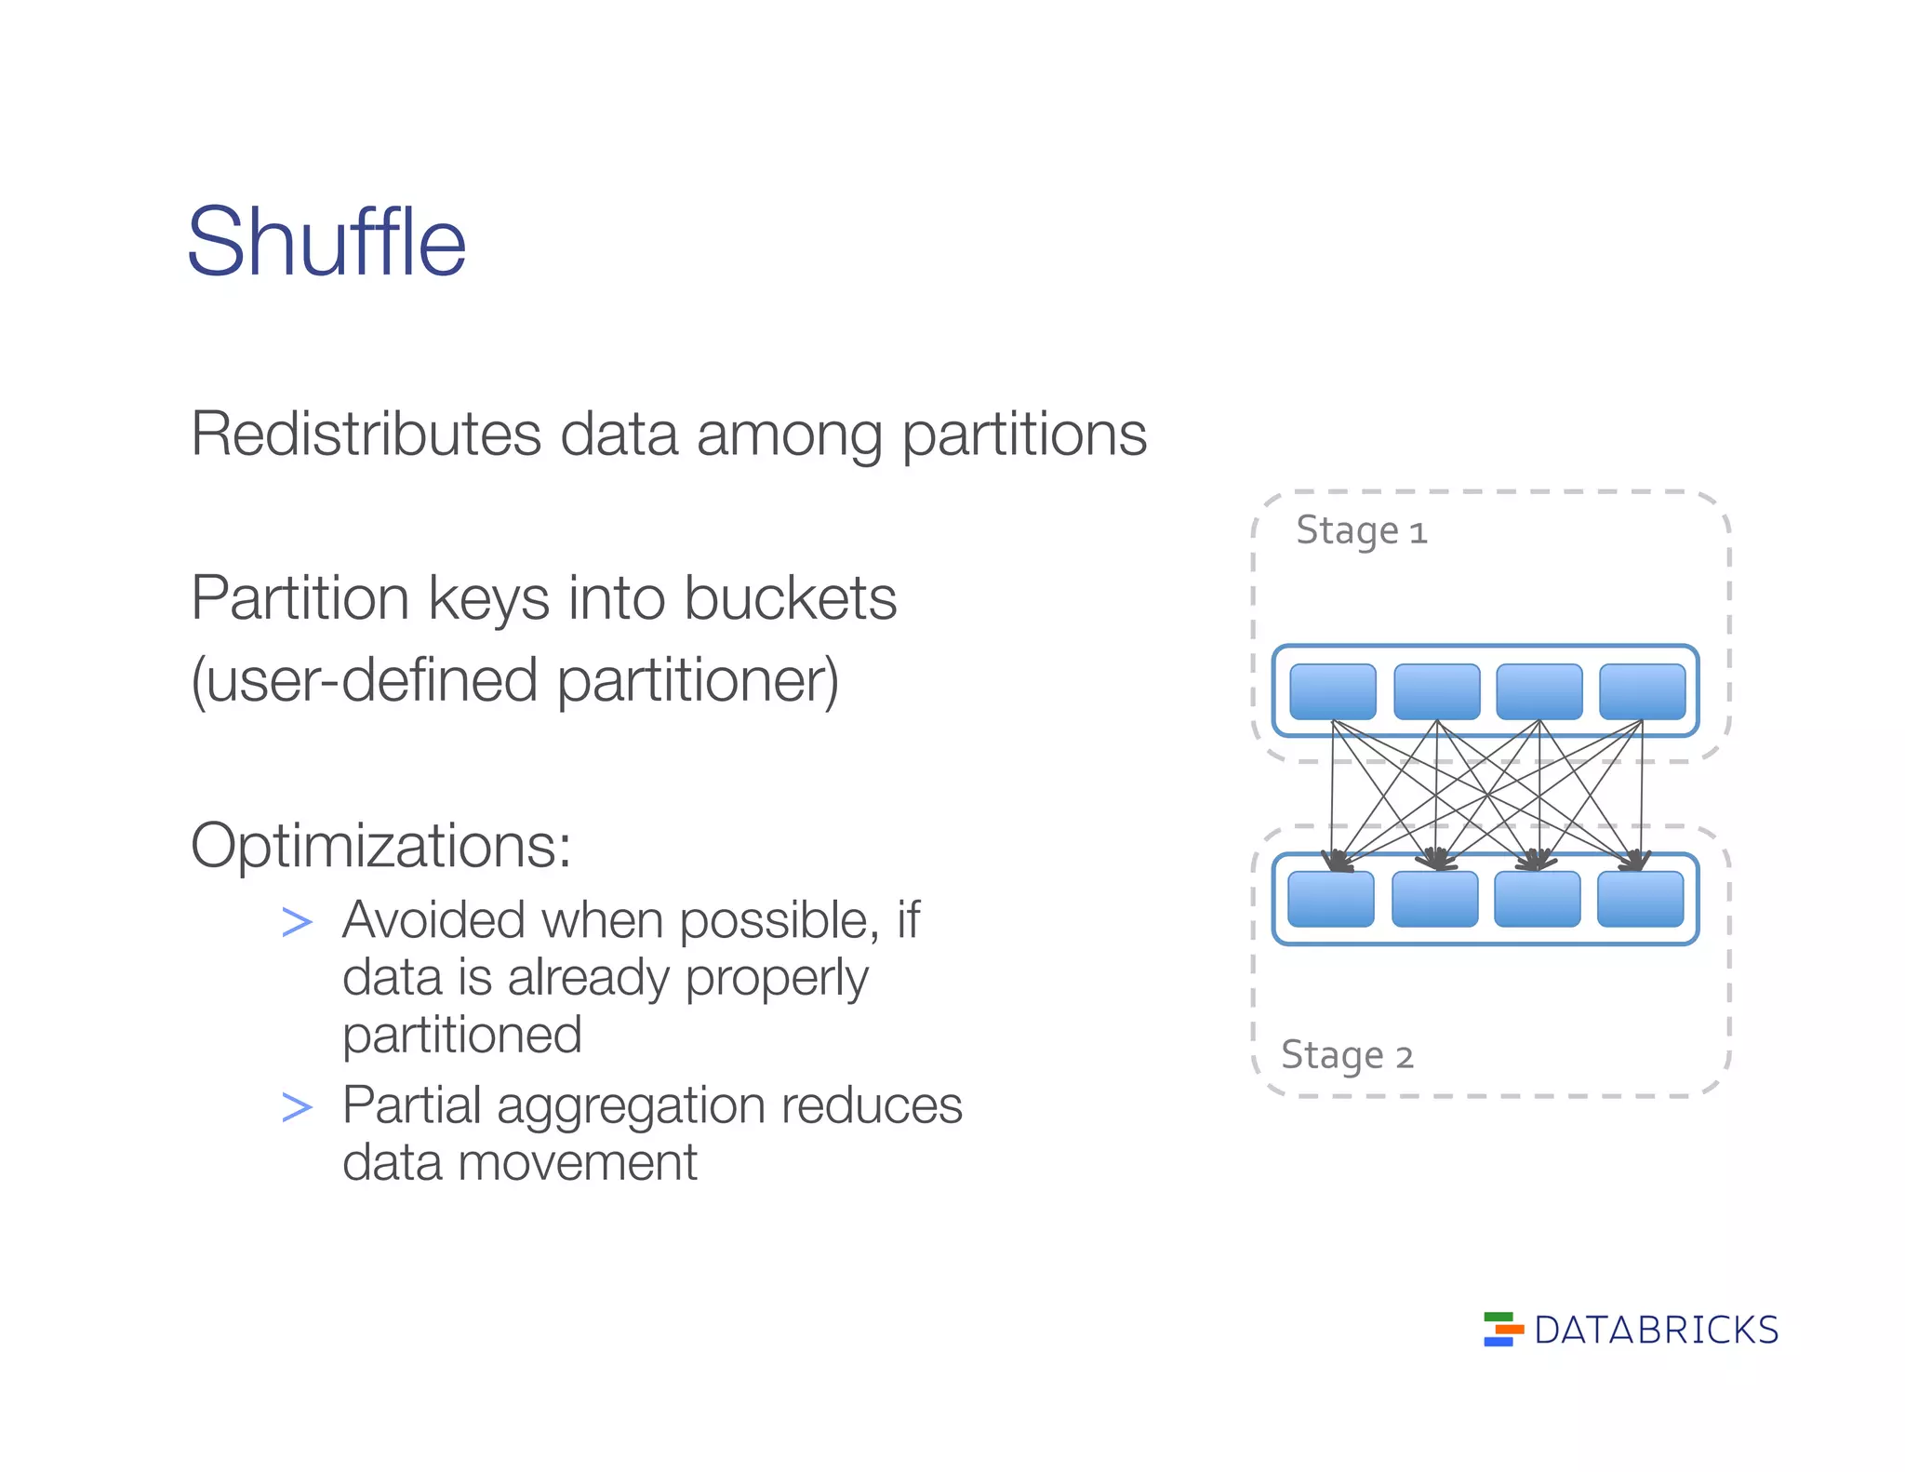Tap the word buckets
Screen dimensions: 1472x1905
click(x=790, y=597)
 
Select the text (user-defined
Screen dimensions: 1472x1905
click(x=364, y=680)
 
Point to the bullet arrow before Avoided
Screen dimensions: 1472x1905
click(x=297, y=922)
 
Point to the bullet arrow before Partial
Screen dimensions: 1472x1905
click(x=297, y=1107)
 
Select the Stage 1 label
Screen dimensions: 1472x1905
click(x=1361, y=531)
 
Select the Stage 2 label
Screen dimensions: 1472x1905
click(x=1347, y=1056)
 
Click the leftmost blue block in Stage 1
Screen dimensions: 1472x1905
click(x=1333, y=691)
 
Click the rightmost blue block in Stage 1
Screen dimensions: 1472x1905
click(x=1642, y=691)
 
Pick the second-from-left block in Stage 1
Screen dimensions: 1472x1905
click(x=1436, y=691)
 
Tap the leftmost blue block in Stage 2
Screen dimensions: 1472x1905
click(x=1331, y=899)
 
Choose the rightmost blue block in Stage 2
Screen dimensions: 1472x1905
click(x=1640, y=899)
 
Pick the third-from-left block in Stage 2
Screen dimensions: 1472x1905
click(x=1537, y=899)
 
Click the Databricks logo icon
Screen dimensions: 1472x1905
click(x=1502, y=1329)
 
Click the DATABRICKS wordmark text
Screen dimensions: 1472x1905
click(x=1656, y=1331)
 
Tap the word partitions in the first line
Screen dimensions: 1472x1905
click(x=1024, y=435)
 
